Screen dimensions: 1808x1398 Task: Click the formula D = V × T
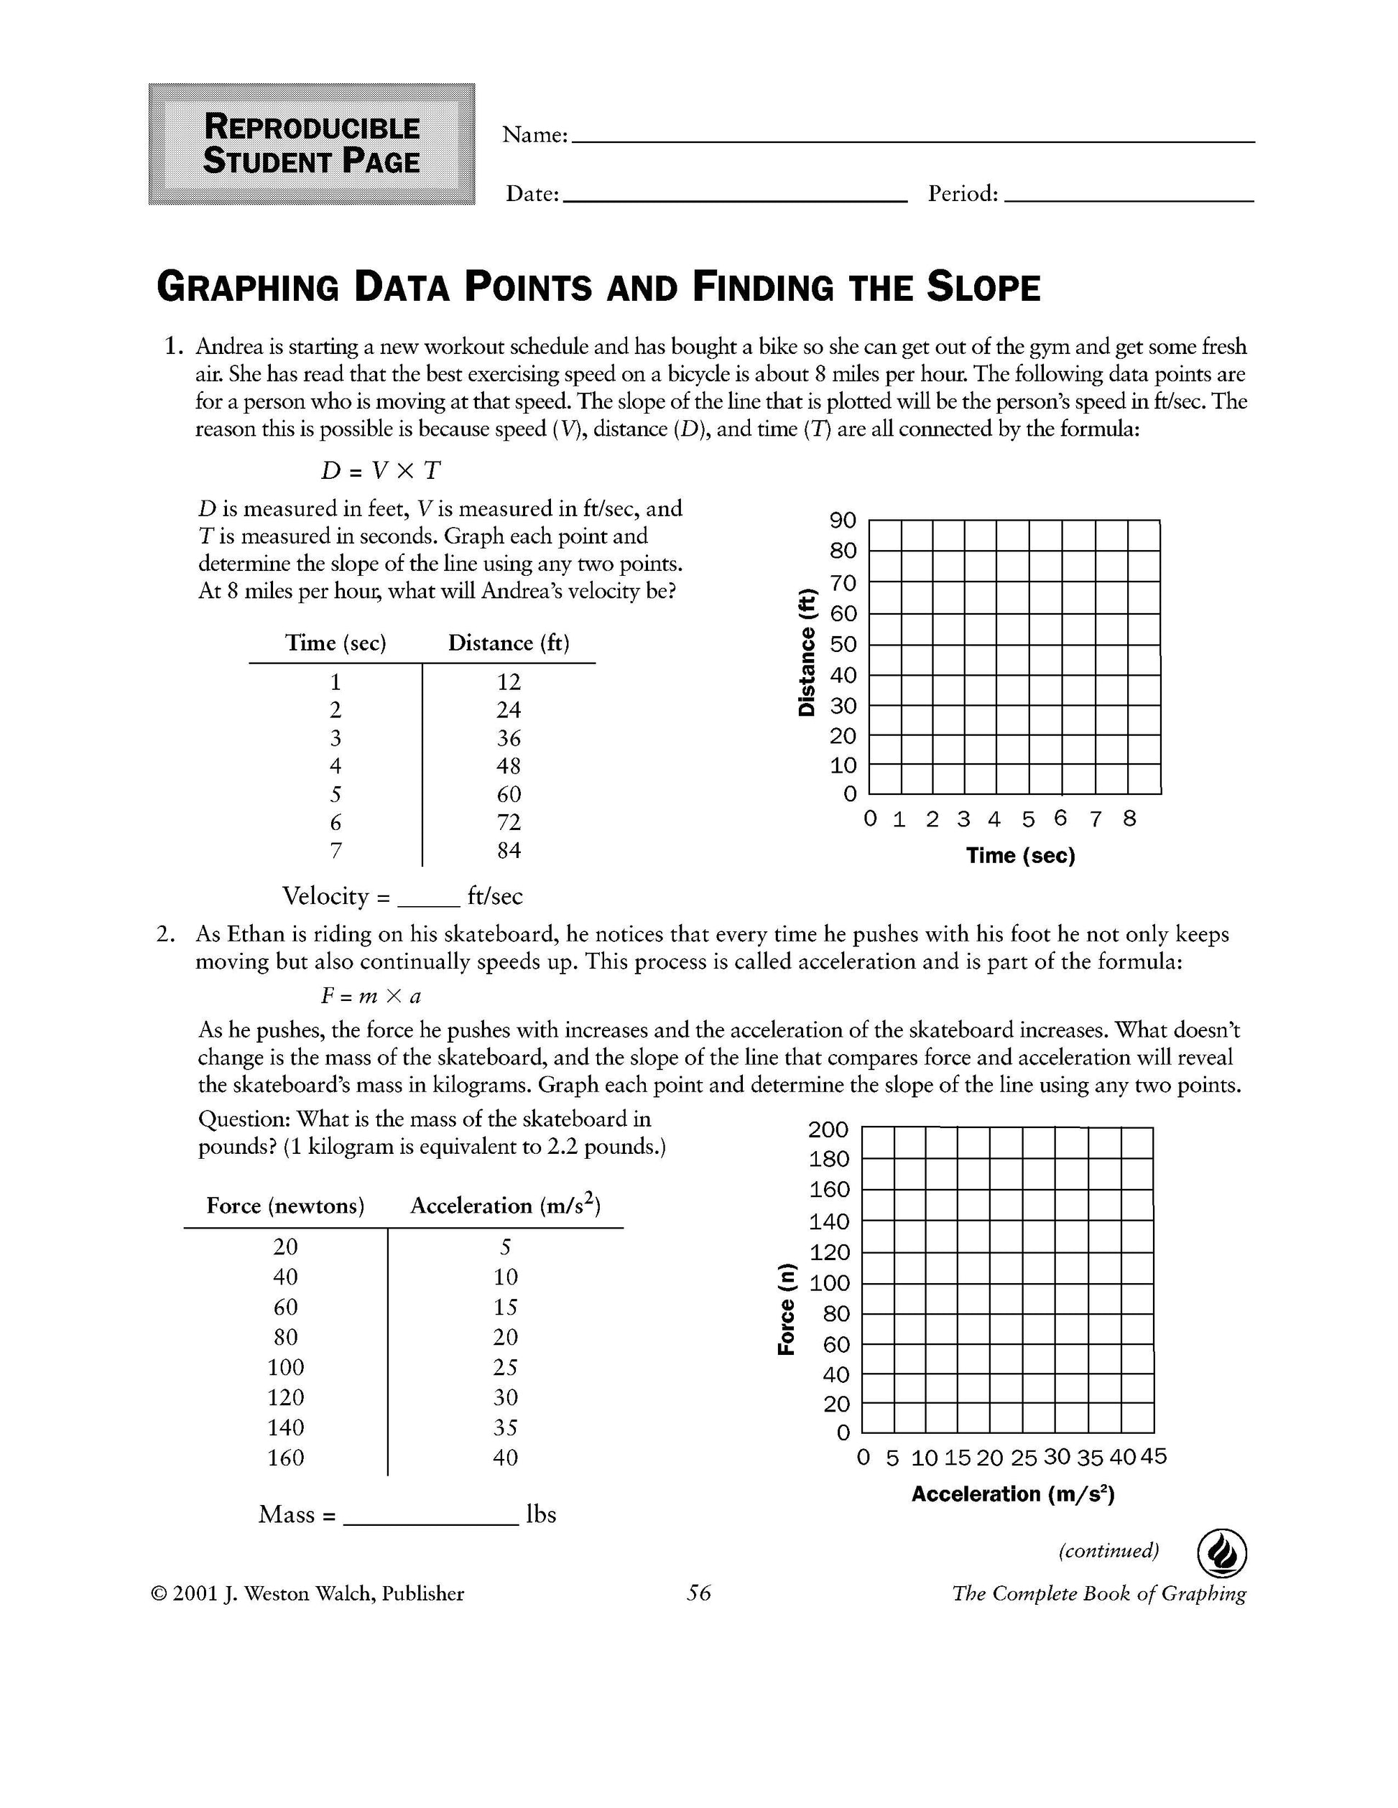[381, 470]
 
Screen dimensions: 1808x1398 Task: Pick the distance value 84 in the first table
[509, 850]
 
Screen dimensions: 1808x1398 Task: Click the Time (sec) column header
[335, 643]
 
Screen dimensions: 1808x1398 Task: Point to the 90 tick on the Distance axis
[843, 521]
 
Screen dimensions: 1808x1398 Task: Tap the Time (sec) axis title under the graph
[1020, 856]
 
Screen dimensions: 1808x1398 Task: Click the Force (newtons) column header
[285, 1206]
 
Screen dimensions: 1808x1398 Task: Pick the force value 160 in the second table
[285, 1457]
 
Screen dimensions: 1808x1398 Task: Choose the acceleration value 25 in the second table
[505, 1366]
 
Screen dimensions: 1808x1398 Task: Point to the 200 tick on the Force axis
[829, 1129]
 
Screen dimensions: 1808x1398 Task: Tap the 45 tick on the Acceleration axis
[1154, 1456]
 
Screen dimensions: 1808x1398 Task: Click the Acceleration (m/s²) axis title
[1013, 1494]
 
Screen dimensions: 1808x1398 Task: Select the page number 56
[698, 1593]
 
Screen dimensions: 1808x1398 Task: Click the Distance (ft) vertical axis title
[807, 651]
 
